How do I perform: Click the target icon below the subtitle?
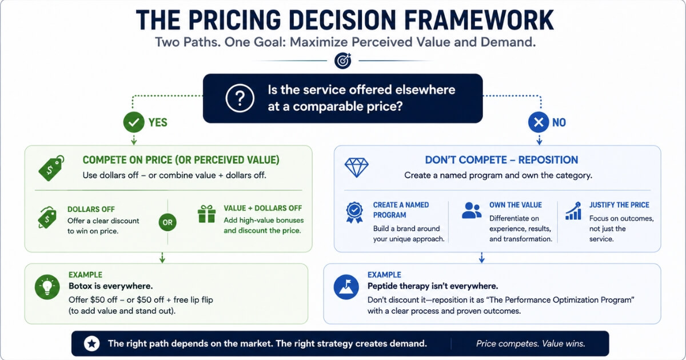[x=342, y=61]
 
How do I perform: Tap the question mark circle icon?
[x=240, y=98]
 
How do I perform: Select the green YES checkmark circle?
[x=134, y=122]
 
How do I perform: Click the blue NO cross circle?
[x=539, y=122]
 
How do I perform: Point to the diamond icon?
[x=357, y=167]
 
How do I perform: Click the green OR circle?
[x=167, y=222]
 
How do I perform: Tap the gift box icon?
[x=207, y=214]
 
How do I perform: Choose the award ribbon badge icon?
[x=354, y=212]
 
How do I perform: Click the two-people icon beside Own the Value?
[x=471, y=210]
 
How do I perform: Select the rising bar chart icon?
[x=573, y=211]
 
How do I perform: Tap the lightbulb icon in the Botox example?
[x=47, y=287]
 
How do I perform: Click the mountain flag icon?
[x=346, y=287]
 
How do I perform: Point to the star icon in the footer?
[x=91, y=343]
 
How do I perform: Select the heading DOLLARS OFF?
[x=91, y=209]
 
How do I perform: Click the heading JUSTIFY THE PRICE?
[x=619, y=205]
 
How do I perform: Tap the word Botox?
[x=80, y=286]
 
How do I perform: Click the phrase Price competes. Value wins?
[x=531, y=343]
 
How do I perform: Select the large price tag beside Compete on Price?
[x=51, y=168]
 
